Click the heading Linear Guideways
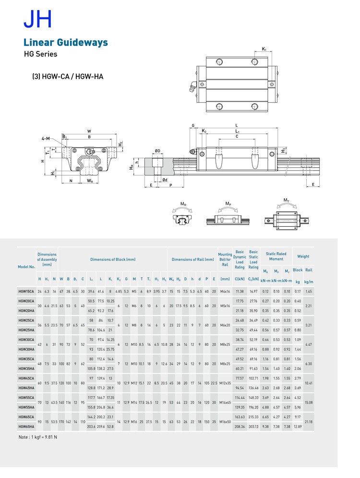point(65,43)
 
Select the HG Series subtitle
point(40,54)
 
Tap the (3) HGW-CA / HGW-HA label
point(68,76)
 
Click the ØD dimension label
point(157,151)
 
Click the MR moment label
point(183,204)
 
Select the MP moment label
point(228,204)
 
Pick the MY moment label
point(287,200)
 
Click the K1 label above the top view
point(264,49)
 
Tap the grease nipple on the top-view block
point(192,86)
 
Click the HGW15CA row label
point(26,291)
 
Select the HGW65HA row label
point(26,426)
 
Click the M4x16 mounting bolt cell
point(225,291)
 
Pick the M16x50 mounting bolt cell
point(225,422)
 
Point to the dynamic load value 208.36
point(240,426)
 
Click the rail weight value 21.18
point(309,422)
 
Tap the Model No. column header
point(26,267)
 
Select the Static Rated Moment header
point(276,256)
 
